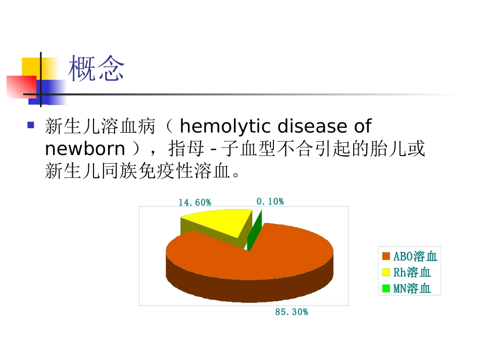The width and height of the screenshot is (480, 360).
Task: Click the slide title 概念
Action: [96, 69]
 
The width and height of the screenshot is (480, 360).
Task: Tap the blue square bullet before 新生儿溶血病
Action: [31, 125]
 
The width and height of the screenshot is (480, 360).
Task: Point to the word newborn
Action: [84, 149]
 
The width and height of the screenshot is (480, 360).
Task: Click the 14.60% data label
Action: [195, 202]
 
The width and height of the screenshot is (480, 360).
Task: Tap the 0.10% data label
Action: [270, 201]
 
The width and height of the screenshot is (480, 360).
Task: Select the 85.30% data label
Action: [291, 312]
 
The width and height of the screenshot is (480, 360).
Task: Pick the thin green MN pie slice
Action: [255, 230]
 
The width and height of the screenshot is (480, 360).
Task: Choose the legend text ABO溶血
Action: [415, 256]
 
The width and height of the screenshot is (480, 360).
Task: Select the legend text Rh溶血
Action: [412, 273]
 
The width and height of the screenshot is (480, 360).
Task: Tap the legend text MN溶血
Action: [412, 289]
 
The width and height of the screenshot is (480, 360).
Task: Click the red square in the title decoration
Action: [20, 86]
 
